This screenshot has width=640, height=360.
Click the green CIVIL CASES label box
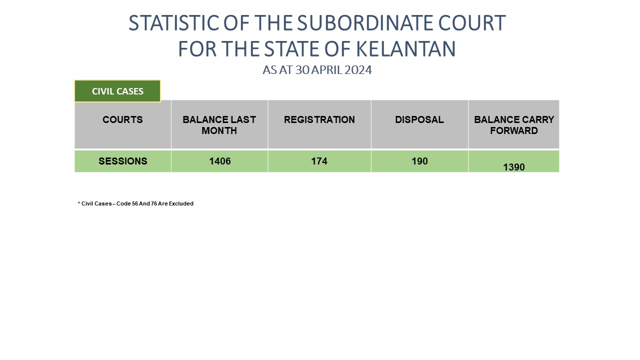coord(117,91)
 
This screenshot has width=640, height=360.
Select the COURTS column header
coord(122,119)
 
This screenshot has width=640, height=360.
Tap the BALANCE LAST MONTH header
coord(219,125)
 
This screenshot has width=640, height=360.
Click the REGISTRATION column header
coord(319,119)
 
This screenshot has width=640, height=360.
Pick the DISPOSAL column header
coord(419,119)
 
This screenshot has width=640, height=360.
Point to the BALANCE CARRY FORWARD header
coord(513,125)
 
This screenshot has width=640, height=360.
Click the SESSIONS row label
coord(123,161)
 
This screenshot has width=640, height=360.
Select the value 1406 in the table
coord(219,161)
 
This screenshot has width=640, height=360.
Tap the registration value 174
coord(319,161)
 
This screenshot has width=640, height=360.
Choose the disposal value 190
coord(419,161)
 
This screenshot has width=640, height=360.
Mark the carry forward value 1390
coord(513,167)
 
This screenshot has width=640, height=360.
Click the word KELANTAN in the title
coord(405,49)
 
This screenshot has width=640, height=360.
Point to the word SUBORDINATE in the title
coord(365,23)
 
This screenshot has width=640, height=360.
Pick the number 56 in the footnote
coord(135,203)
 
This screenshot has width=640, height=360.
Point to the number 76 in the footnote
coord(154,203)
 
